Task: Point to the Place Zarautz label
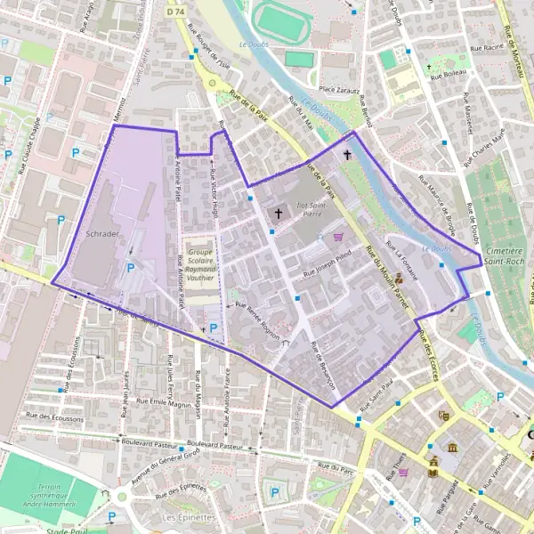338,89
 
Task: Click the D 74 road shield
175,12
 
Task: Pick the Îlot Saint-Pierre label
307,208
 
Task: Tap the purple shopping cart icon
337,237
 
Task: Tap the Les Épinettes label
183,516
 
